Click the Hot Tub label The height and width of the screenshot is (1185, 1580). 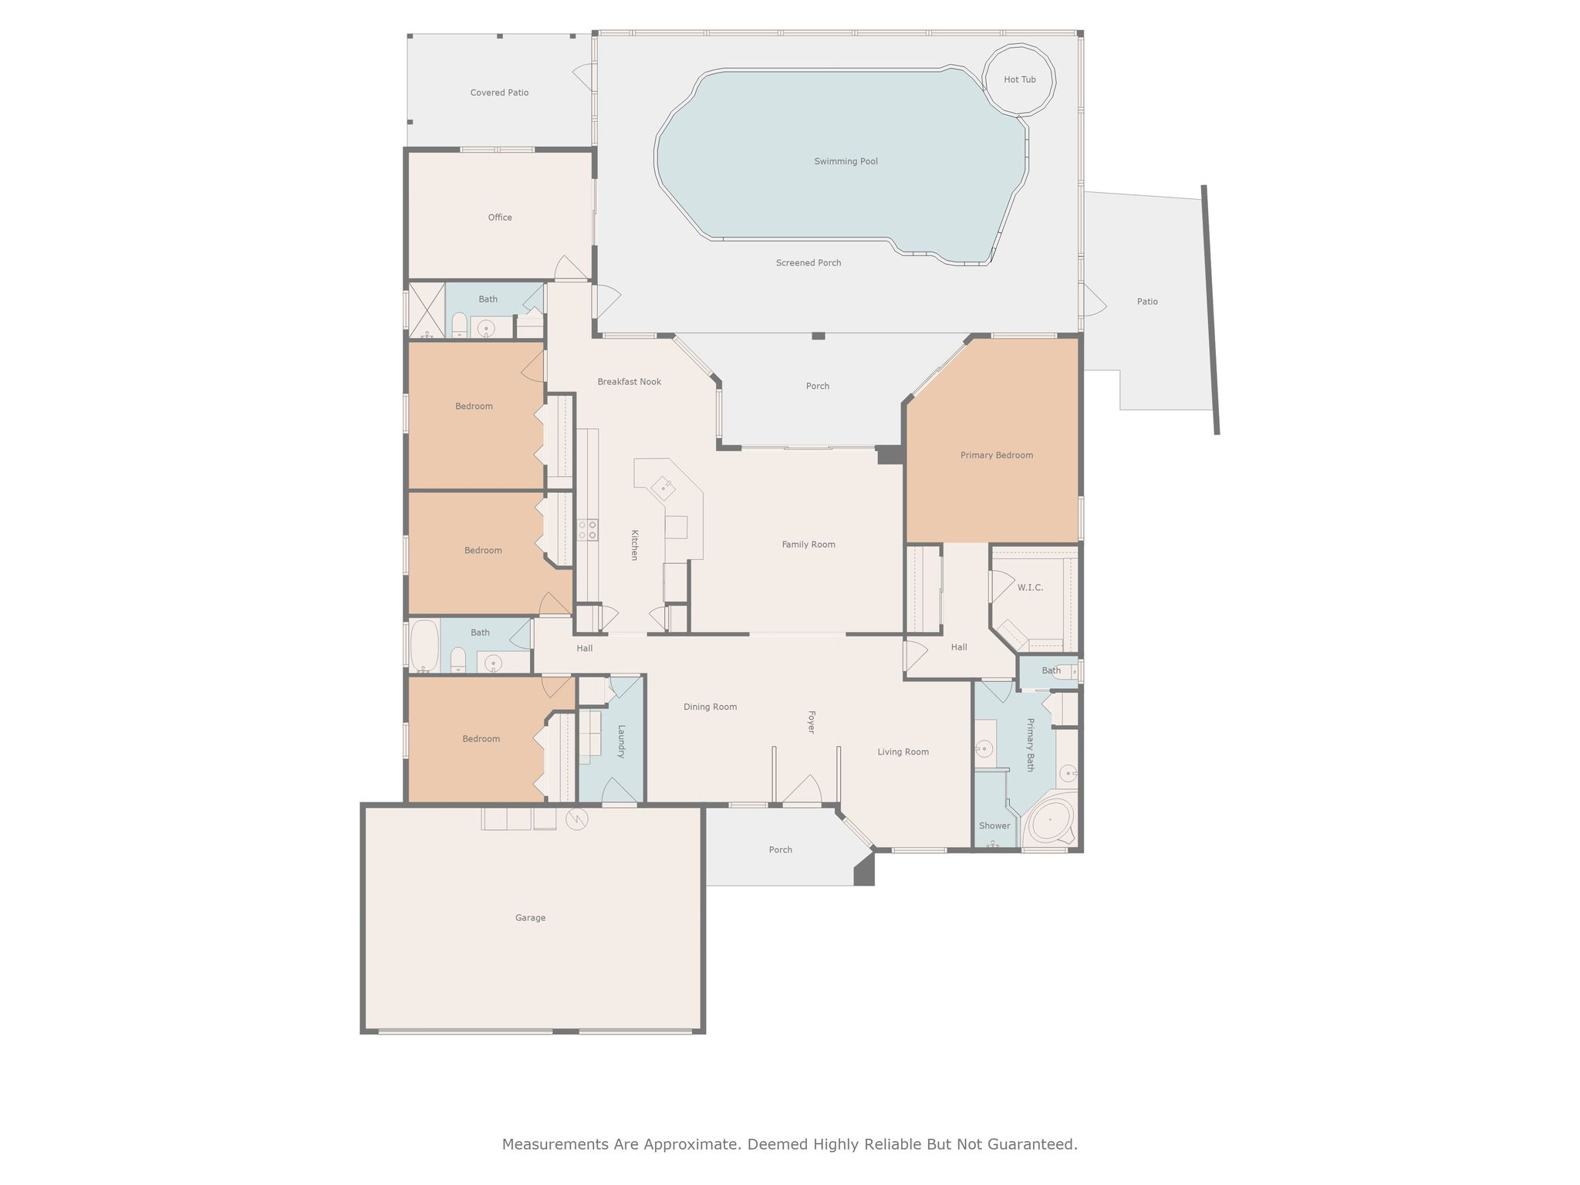click(1019, 80)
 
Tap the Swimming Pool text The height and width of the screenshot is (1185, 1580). click(846, 162)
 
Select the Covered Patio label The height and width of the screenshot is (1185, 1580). click(499, 93)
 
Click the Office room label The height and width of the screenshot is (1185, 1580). click(500, 218)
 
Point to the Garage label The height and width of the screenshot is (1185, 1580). click(530, 918)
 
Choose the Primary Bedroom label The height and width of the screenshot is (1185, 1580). click(996, 455)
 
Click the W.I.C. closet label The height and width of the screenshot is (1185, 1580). click(1030, 588)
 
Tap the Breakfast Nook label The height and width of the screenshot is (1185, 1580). click(629, 382)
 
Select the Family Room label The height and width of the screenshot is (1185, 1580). click(808, 545)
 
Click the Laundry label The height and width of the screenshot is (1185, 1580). click(621, 741)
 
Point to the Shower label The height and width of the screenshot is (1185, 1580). click(994, 825)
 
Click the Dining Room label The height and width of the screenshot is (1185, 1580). click(710, 707)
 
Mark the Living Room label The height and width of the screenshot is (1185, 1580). click(903, 752)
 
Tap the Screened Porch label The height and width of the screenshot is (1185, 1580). click(808, 263)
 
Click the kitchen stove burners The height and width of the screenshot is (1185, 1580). click(587, 530)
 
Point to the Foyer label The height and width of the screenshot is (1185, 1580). click(811, 722)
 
